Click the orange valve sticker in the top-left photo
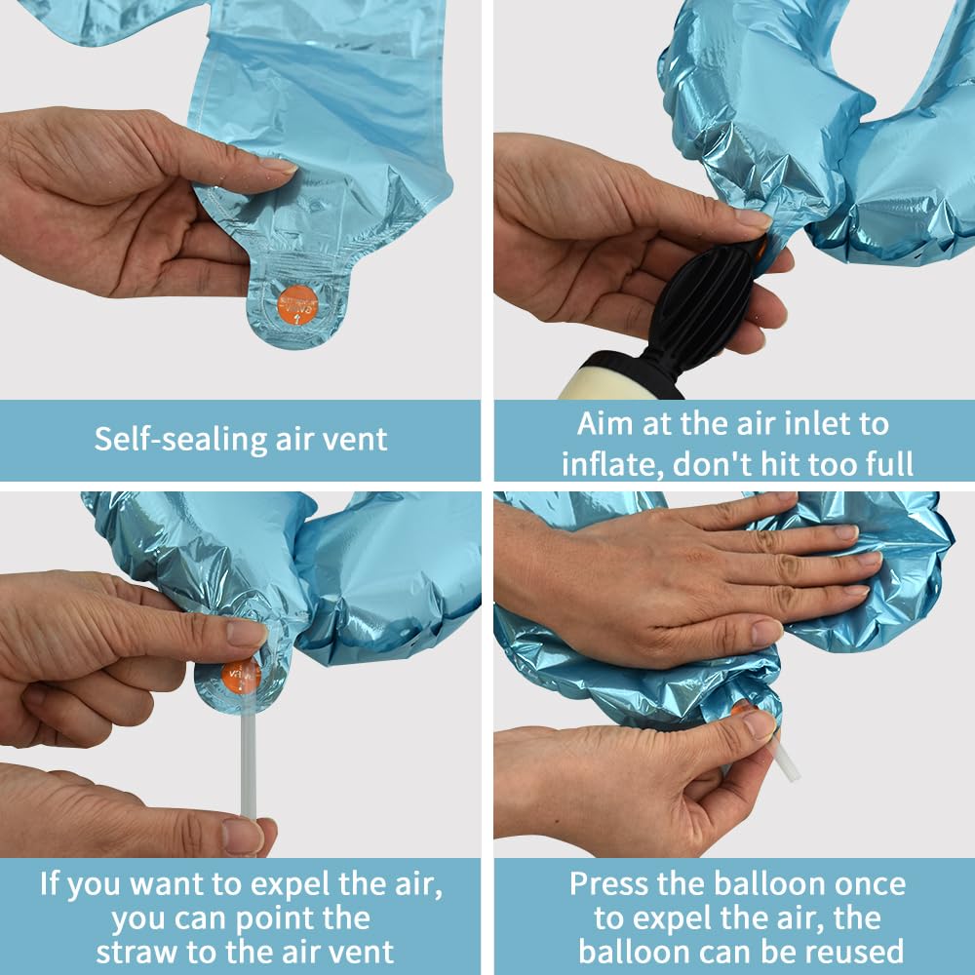point(297,305)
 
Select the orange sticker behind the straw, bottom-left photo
point(241,676)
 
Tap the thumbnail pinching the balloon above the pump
point(753,218)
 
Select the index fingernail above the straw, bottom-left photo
point(247,634)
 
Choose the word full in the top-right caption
point(887,464)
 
